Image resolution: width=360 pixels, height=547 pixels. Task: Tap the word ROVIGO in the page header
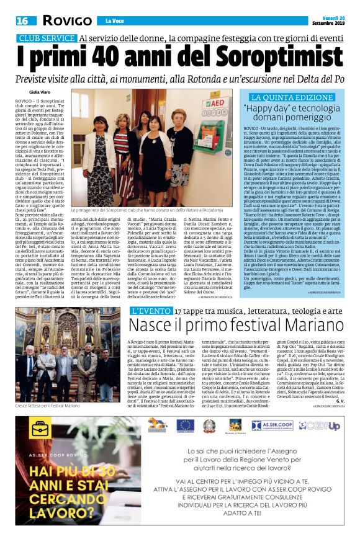(65, 21)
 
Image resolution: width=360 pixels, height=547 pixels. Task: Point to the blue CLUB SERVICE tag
(46, 38)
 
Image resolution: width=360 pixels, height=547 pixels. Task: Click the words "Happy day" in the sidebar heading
(270, 109)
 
